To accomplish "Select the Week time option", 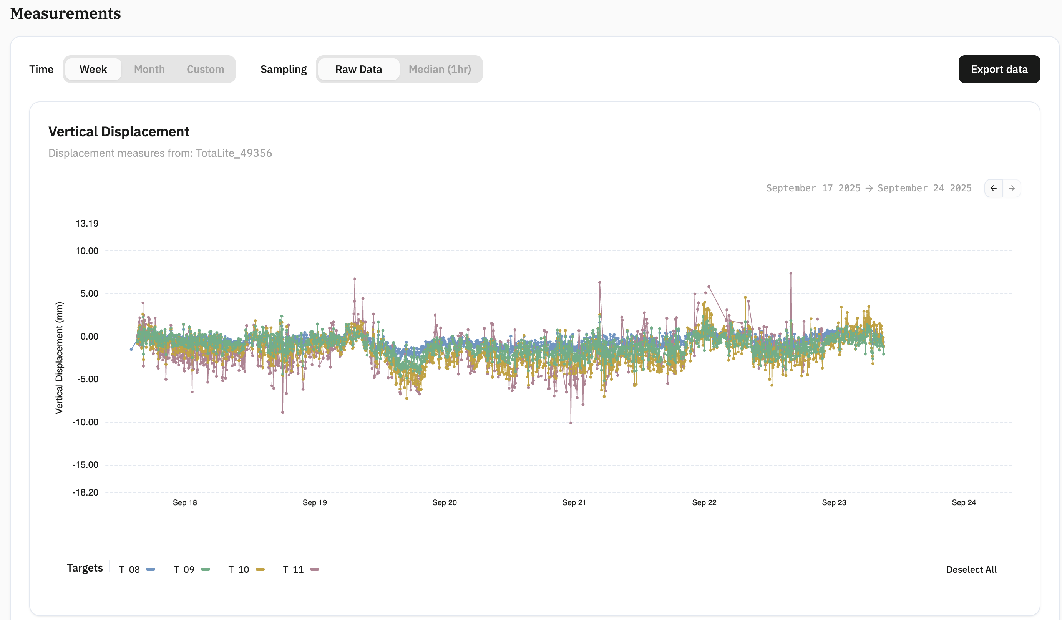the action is coord(93,69).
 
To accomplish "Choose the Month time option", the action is coord(149,69).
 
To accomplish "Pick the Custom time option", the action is coord(205,69).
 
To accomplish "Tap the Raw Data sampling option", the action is coord(358,69).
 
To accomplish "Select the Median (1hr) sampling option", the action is coord(440,69).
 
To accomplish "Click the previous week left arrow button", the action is coord(993,188).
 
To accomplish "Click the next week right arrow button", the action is coord(1011,188).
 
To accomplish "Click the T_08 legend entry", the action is coord(137,569).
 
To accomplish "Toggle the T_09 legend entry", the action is coord(192,569).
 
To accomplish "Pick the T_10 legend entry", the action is coord(246,569).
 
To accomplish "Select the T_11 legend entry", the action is coord(301,569).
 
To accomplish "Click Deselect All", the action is coord(971,569).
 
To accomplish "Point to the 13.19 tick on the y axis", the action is coord(87,224).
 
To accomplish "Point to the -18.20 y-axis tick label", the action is coord(85,492).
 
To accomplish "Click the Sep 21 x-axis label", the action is coord(574,502).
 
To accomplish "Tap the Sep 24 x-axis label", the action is coord(964,502).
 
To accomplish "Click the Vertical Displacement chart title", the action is coord(119,132).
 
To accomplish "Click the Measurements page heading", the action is coord(65,13).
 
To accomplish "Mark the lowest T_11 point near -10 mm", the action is coord(571,423).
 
